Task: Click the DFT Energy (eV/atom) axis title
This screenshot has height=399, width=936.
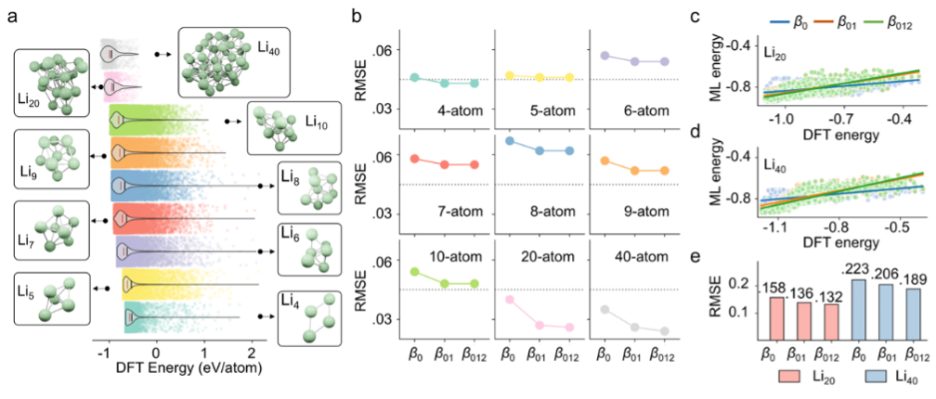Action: point(162,370)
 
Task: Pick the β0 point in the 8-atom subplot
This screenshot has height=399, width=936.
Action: point(510,141)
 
